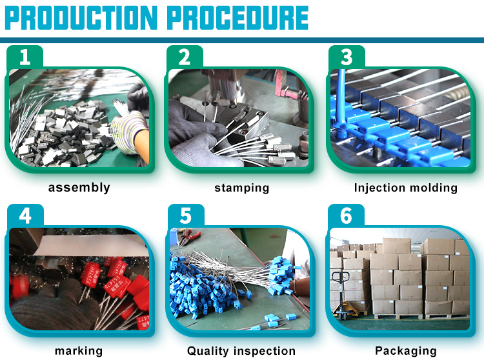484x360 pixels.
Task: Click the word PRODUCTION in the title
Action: [81, 18]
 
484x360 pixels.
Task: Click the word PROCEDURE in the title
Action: [238, 18]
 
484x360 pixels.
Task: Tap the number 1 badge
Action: [25, 57]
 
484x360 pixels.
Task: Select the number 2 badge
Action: [185, 57]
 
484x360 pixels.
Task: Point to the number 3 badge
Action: [347, 57]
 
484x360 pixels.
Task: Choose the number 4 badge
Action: [25, 215]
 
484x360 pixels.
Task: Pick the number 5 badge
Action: [186, 215]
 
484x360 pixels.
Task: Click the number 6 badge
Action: [346, 215]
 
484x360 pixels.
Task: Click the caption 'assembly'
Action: [79, 188]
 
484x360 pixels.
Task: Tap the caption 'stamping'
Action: [242, 188]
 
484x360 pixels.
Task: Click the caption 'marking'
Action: [79, 351]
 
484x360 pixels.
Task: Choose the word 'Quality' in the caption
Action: [208, 351]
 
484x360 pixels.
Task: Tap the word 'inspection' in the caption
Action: [264, 351]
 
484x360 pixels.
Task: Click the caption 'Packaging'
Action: [406, 351]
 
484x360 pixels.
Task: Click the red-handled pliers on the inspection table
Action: [188, 236]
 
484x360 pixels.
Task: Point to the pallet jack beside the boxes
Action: [345, 295]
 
